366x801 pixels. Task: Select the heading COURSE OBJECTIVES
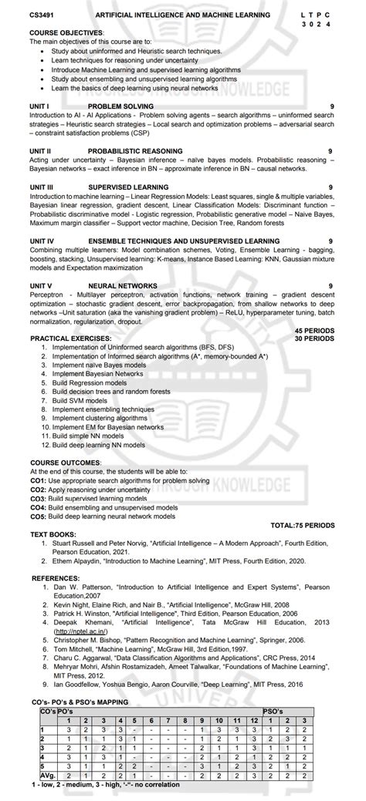[x=66, y=32]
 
